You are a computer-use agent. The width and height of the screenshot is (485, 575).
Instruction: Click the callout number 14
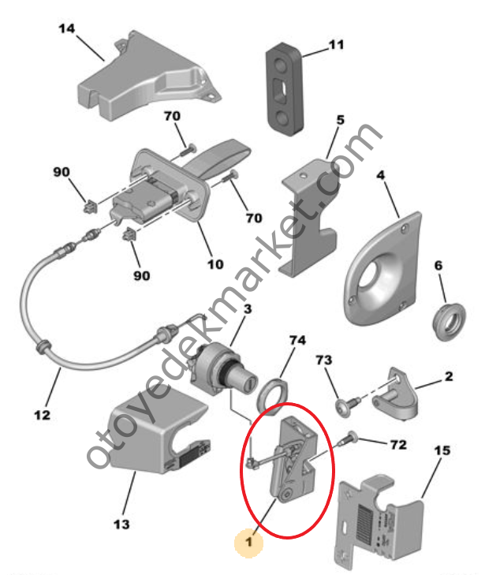[66, 28]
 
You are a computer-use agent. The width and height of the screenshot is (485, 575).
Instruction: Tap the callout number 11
[336, 45]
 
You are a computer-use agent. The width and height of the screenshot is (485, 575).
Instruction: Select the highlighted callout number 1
[249, 542]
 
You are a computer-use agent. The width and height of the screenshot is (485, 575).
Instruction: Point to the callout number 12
[42, 415]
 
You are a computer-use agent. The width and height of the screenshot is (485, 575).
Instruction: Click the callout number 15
[442, 450]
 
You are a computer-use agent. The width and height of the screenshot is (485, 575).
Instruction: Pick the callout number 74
[297, 340]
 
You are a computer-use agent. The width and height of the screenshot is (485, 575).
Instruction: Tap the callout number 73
[324, 360]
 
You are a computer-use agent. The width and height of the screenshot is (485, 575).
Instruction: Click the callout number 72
[398, 445]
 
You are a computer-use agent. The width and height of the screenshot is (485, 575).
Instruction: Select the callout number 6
[438, 266]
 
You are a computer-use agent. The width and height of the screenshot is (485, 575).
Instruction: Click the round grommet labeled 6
[449, 322]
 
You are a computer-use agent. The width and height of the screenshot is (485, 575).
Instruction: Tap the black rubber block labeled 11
[284, 88]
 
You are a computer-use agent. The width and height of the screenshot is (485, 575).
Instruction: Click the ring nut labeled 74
[271, 397]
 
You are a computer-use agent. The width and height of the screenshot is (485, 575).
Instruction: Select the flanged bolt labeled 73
[348, 404]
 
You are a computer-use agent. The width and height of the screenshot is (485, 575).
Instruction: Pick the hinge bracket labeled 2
[395, 394]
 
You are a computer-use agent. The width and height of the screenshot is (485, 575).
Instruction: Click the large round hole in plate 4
[372, 277]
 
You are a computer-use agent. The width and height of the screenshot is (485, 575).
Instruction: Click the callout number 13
[121, 525]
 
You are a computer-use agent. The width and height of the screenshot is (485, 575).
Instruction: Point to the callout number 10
[215, 264]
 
